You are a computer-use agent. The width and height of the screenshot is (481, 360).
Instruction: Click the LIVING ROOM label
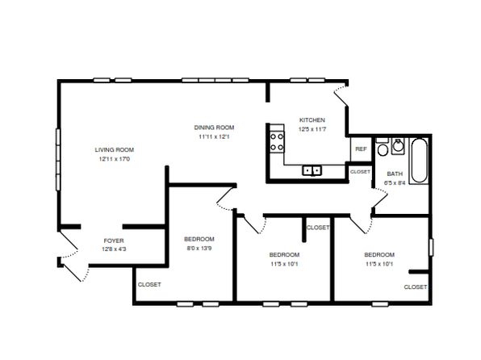[x=115, y=150]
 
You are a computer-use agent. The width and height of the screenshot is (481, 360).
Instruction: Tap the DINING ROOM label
[x=214, y=128]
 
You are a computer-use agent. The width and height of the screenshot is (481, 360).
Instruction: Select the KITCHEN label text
[x=312, y=120]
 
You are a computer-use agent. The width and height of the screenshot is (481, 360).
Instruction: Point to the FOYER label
[x=114, y=241]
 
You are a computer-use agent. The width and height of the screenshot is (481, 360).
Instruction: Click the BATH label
[x=395, y=174]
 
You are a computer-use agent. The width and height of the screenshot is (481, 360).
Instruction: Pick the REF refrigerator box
[x=361, y=149]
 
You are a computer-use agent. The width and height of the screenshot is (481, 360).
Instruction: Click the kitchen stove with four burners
[x=277, y=142]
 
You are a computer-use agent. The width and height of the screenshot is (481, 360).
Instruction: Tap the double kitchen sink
[x=312, y=170]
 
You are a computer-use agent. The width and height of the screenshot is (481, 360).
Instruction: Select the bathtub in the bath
[x=419, y=161]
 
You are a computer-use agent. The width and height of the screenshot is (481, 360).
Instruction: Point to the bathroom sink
[x=398, y=146]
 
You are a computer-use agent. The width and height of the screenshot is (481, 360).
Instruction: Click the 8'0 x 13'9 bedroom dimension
[x=199, y=248]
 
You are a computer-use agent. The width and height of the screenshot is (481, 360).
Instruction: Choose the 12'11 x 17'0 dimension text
[x=115, y=159]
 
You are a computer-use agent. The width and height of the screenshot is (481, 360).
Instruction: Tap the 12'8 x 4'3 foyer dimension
[x=114, y=249]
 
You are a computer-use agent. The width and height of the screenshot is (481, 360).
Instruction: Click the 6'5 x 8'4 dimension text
[x=395, y=183]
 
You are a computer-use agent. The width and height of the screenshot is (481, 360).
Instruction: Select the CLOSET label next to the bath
[x=360, y=172]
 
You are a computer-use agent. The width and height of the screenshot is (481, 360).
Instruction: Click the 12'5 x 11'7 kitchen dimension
[x=312, y=129]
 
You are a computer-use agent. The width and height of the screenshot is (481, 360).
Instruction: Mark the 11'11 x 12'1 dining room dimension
[x=214, y=136]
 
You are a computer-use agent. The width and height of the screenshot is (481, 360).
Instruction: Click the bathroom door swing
[x=380, y=199]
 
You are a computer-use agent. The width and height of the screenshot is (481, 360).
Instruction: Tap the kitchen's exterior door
[x=341, y=96]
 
